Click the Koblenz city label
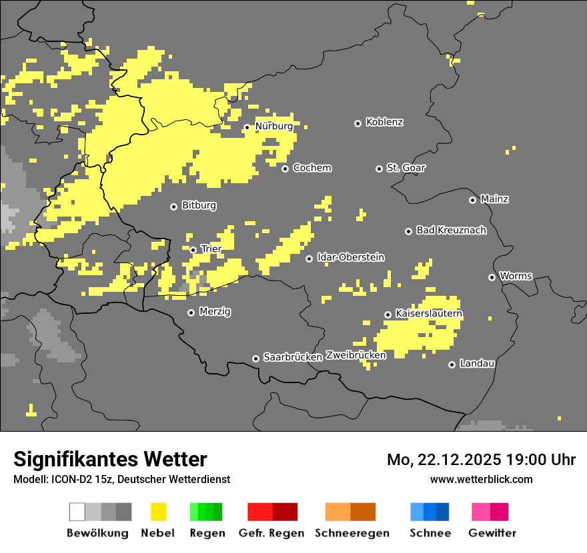pyautogui.click(x=384, y=122)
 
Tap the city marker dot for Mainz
pyautogui.click(x=472, y=200)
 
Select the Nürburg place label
pyautogui.click(x=274, y=126)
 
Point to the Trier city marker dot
pyautogui.click(x=193, y=250)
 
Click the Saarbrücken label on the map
pyautogui.click(x=293, y=357)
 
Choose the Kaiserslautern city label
pyautogui.click(x=429, y=313)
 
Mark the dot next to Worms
pyautogui.click(x=492, y=277)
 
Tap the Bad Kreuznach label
pyautogui.click(x=451, y=230)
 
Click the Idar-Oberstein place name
pyautogui.click(x=351, y=257)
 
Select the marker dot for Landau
pyautogui.click(x=452, y=364)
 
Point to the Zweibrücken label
pyautogui.click(x=356, y=355)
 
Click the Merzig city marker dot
pyautogui.click(x=191, y=312)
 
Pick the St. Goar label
pyautogui.click(x=406, y=168)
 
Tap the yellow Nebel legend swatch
pyautogui.click(x=158, y=512)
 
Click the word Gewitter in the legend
pyautogui.click(x=492, y=533)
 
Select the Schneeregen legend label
pyautogui.click(x=352, y=533)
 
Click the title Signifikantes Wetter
pyautogui.click(x=110, y=459)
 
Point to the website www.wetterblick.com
pyautogui.click(x=481, y=479)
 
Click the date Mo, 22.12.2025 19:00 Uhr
pyautogui.click(x=481, y=460)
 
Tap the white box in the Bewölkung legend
pyautogui.click(x=77, y=512)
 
